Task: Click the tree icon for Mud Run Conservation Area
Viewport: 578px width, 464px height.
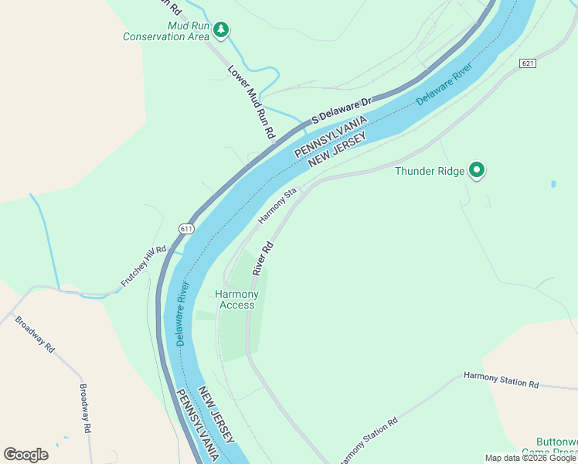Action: tap(222, 29)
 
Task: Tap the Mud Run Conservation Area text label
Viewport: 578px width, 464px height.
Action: tap(166, 30)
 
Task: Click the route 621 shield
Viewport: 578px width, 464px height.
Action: tap(528, 63)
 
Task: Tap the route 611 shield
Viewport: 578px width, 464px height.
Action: tap(186, 228)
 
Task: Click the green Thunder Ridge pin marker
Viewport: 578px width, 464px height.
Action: tap(477, 170)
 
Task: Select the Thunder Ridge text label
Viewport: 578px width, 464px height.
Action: tap(430, 171)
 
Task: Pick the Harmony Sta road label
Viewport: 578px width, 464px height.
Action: tap(277, 206)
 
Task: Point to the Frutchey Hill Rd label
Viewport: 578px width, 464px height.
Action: tap(144, 268)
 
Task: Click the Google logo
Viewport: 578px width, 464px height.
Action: tap(25, 454)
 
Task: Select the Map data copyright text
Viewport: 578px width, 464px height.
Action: tap(530, 458)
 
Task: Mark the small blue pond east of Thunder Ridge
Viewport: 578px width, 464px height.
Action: tap(553, 185)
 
